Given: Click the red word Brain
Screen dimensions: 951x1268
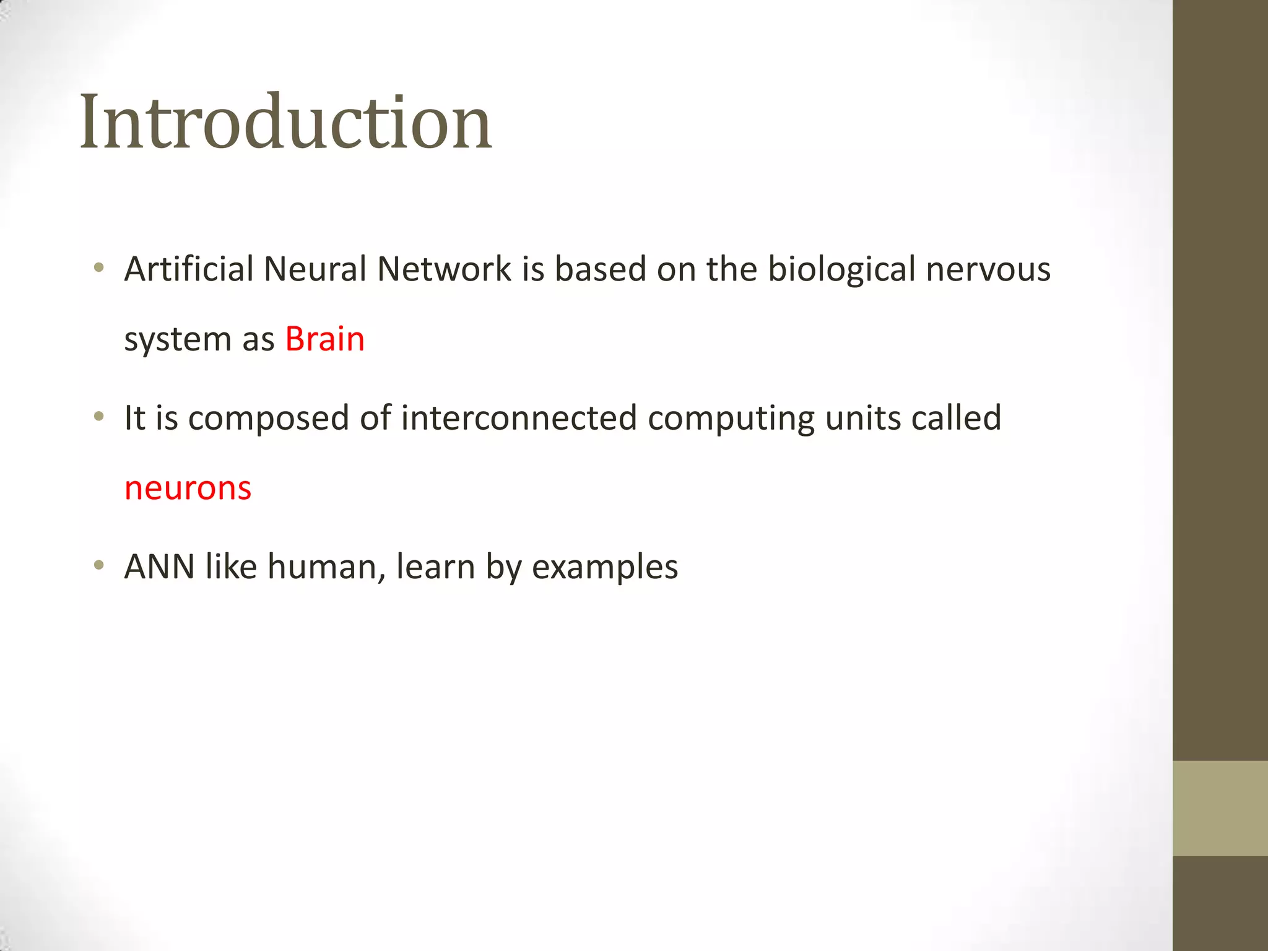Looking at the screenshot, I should [x=324, y=339].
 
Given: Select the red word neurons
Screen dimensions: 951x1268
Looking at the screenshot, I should [x=188, y=488].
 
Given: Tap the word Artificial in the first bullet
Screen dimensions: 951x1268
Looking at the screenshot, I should [x=189, y=269].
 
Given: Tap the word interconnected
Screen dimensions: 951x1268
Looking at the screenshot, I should [x=519, y=418].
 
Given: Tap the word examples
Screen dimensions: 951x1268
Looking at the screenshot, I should [x=605, y=568].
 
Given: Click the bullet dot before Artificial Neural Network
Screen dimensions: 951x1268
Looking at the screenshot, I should [x=98, y=268].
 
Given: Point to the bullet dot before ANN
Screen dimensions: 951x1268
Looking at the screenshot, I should [x=98, y=565].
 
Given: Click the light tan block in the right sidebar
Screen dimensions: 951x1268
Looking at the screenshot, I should [x=1220, y=808].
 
